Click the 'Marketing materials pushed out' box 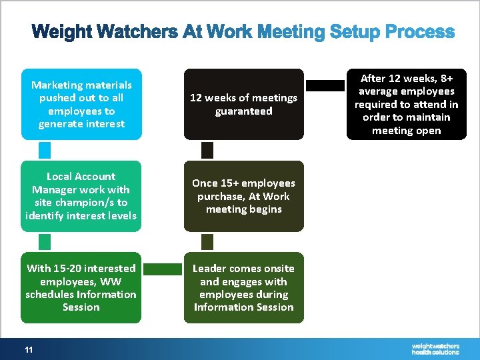[81, 104]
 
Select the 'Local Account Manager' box [81, 196]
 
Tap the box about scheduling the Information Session [81, 287]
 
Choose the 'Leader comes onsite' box [243, 287]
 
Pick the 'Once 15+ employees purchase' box [243, 196]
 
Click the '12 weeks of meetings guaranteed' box [243, 104]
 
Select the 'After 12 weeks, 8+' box [406, 104]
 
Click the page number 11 [29, 349]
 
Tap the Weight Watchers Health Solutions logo [435, 349]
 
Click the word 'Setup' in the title [295, 32]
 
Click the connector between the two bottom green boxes [163, 269]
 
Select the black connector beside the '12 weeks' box [325, 85]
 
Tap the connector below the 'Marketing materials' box [45, 150]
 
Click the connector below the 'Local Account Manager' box [45, 241]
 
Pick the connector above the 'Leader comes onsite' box [207, 241]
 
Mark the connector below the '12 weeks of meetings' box [207, 150]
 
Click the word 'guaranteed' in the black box [243, 111]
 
